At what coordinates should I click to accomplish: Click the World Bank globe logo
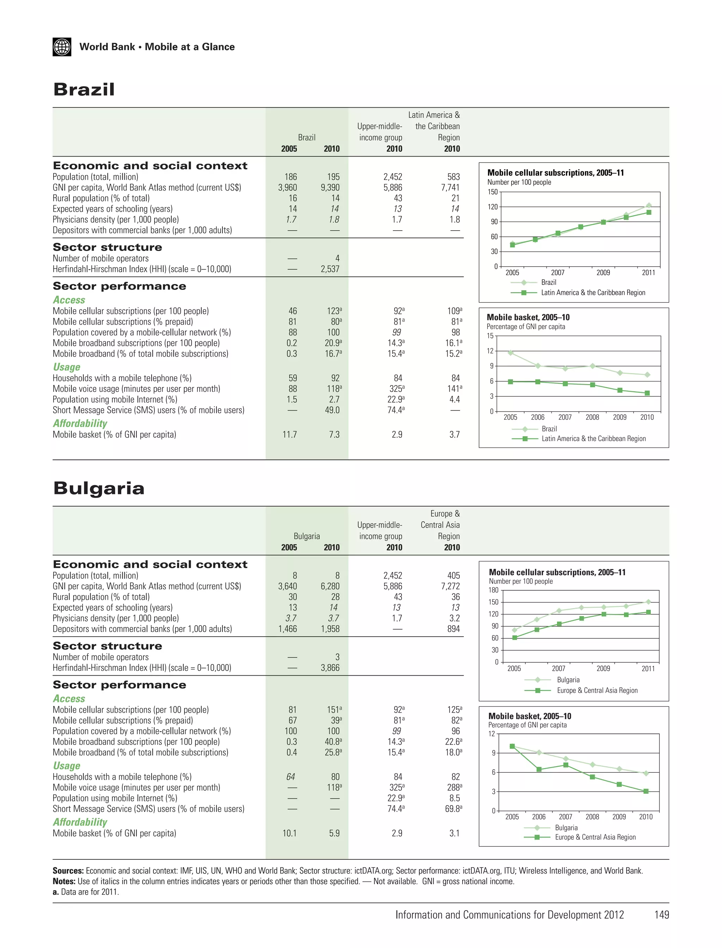62,47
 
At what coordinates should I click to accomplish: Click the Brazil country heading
84,90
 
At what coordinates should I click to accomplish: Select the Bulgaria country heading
98,488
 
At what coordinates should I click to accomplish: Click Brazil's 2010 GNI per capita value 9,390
330,188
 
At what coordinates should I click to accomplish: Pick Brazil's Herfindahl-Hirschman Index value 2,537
330,269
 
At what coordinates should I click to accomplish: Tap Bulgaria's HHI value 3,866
330,668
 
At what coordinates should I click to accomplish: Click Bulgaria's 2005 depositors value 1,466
288,629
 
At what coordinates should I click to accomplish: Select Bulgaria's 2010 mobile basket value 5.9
334,833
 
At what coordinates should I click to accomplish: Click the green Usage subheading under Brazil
67,367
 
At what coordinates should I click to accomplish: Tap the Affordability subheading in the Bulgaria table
80,822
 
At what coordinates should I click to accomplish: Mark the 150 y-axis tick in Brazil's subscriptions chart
492,192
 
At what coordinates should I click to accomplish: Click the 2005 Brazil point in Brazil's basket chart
510,353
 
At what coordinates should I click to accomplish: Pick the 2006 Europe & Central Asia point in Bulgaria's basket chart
539,770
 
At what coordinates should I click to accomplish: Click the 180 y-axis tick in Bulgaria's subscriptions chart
493,590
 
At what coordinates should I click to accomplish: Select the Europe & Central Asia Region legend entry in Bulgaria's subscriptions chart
597,691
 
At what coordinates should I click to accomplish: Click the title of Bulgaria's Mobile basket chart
530,716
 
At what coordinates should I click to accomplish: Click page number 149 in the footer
661,915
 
